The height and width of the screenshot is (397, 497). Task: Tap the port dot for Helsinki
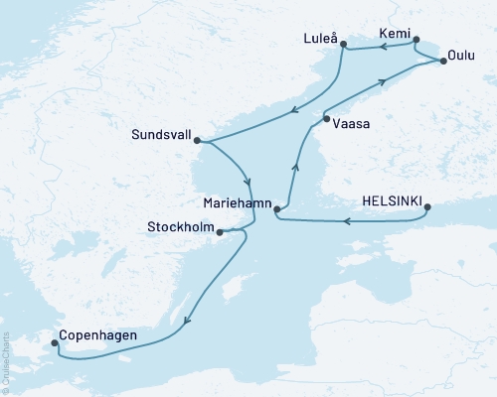click(427, 208)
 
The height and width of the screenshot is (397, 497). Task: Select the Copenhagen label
click(96, 335)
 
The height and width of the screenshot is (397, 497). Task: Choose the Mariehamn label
click(235, 200)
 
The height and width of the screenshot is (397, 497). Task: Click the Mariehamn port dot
click(277, 208)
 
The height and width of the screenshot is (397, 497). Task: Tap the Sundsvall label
click(158, 131)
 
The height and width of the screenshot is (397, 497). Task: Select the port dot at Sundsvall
click(197, 140)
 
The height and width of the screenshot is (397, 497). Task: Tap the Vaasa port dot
click(326, 120)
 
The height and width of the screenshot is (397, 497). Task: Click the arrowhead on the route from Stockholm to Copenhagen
click(186, 320)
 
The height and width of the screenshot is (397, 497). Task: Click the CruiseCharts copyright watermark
click(5, 362)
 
